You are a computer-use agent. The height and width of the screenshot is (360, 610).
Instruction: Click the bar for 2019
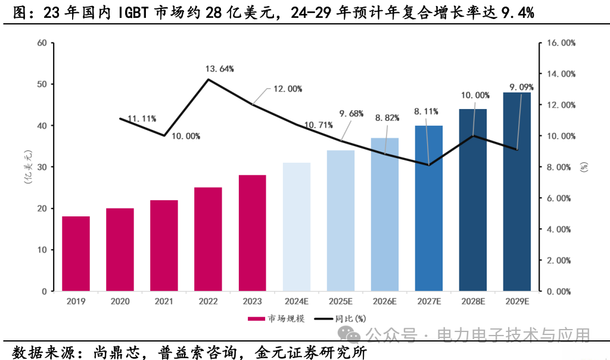pos(76,254)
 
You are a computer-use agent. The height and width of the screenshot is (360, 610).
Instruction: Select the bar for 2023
pos(252,233)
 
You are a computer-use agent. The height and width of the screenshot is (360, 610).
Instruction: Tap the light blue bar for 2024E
pos(296,227)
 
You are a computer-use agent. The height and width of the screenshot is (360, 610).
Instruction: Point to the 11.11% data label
pos(142,119)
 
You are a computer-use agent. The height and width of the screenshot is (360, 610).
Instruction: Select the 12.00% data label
pos(288,89)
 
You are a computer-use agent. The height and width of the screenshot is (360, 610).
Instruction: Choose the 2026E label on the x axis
pos(384,302)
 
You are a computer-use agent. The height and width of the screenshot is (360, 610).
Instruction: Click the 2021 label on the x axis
pos(164,302)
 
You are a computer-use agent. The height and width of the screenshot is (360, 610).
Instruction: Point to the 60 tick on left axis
pos(41,43)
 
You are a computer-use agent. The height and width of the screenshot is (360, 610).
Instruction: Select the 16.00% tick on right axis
pos(561,43)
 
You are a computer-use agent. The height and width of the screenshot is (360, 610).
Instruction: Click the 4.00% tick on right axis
pos(561,229)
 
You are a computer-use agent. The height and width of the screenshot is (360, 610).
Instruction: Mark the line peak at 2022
pos(208,79)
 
